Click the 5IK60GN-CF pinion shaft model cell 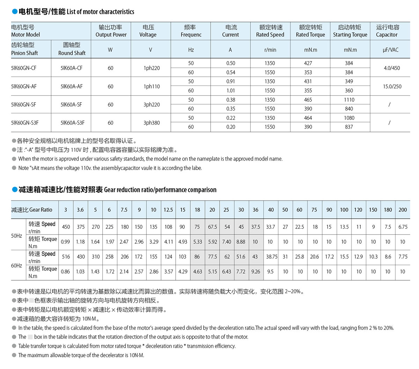24,68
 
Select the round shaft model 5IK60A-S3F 72,123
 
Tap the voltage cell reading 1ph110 152,87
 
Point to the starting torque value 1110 349,100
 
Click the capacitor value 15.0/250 392,87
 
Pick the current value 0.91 230,81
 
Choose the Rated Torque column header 310,31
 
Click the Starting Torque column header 350,31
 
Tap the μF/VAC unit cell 390,50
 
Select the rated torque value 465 308,100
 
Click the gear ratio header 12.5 168,210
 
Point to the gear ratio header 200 403,210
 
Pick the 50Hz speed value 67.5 212,227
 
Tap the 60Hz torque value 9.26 256,272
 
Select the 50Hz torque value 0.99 65,242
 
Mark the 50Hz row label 16,236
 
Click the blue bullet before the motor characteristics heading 15,12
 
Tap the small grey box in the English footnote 30,337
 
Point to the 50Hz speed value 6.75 403,227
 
